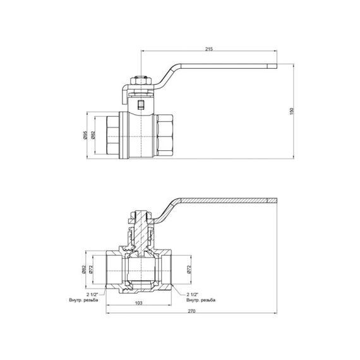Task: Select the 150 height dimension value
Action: pyautogui.click(x=291, y=111)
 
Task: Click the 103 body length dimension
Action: pyautogui.click(x=138, y=303)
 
